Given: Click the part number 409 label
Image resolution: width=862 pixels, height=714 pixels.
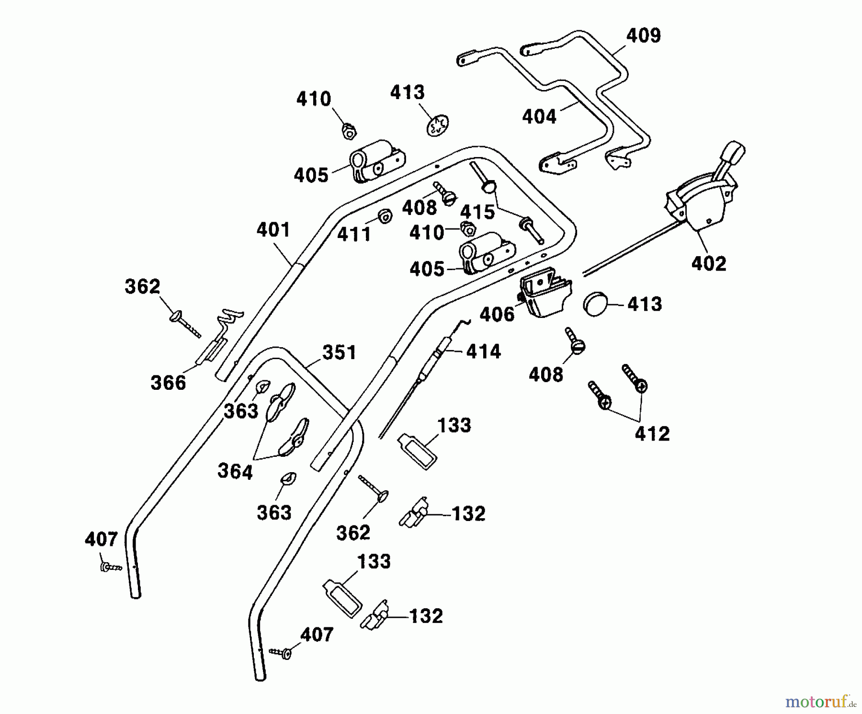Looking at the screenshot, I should [x=644, y=35].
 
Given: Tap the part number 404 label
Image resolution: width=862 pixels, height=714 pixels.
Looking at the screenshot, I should [x=539, y=116].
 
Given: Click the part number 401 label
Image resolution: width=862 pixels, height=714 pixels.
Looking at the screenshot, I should [x=273, y=230].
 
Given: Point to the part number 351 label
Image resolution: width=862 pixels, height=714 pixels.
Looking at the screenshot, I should [x=339, y=352].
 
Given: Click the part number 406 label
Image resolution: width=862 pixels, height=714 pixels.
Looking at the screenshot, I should [x=497, y=315].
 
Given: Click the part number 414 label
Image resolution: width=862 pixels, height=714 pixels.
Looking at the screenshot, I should [x=483, y=351].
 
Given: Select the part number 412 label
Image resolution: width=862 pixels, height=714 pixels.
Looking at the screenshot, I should [x=652, y=434].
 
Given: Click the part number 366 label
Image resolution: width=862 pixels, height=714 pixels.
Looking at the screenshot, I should [x=168, y=383].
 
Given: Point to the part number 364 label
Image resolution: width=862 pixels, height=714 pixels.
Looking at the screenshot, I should [x=235, y=472].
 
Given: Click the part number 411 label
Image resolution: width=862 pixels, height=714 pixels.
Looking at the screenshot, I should [x=354, y=234].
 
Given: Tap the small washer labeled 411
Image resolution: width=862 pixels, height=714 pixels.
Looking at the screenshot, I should [x=384, y=216].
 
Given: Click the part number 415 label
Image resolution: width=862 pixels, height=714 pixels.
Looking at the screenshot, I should [x=477, y=212].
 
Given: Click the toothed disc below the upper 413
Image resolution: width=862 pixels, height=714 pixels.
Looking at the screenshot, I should [x=438, y=126].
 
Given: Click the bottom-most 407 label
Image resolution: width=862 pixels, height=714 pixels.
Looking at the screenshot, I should [x=316, y=635].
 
